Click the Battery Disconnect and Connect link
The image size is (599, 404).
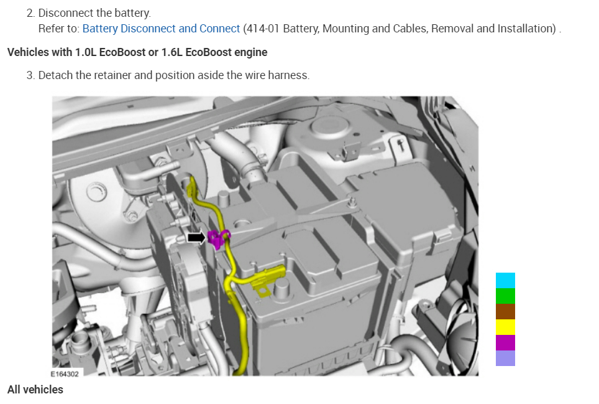[x=161, y=29]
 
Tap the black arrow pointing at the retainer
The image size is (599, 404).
[x=196, y=238]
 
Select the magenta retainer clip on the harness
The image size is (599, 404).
[x=217, y=239]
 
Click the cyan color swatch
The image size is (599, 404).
[x=505, y=280]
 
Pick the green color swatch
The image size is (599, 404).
[x=505, y=296]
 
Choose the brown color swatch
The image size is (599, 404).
[x=505, y=311]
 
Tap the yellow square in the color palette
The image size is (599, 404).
[x=505, y=327]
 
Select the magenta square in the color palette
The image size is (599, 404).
[x=505, y=343]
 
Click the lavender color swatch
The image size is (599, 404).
[x=505, y=358]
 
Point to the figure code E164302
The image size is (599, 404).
[x=65, y=373]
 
